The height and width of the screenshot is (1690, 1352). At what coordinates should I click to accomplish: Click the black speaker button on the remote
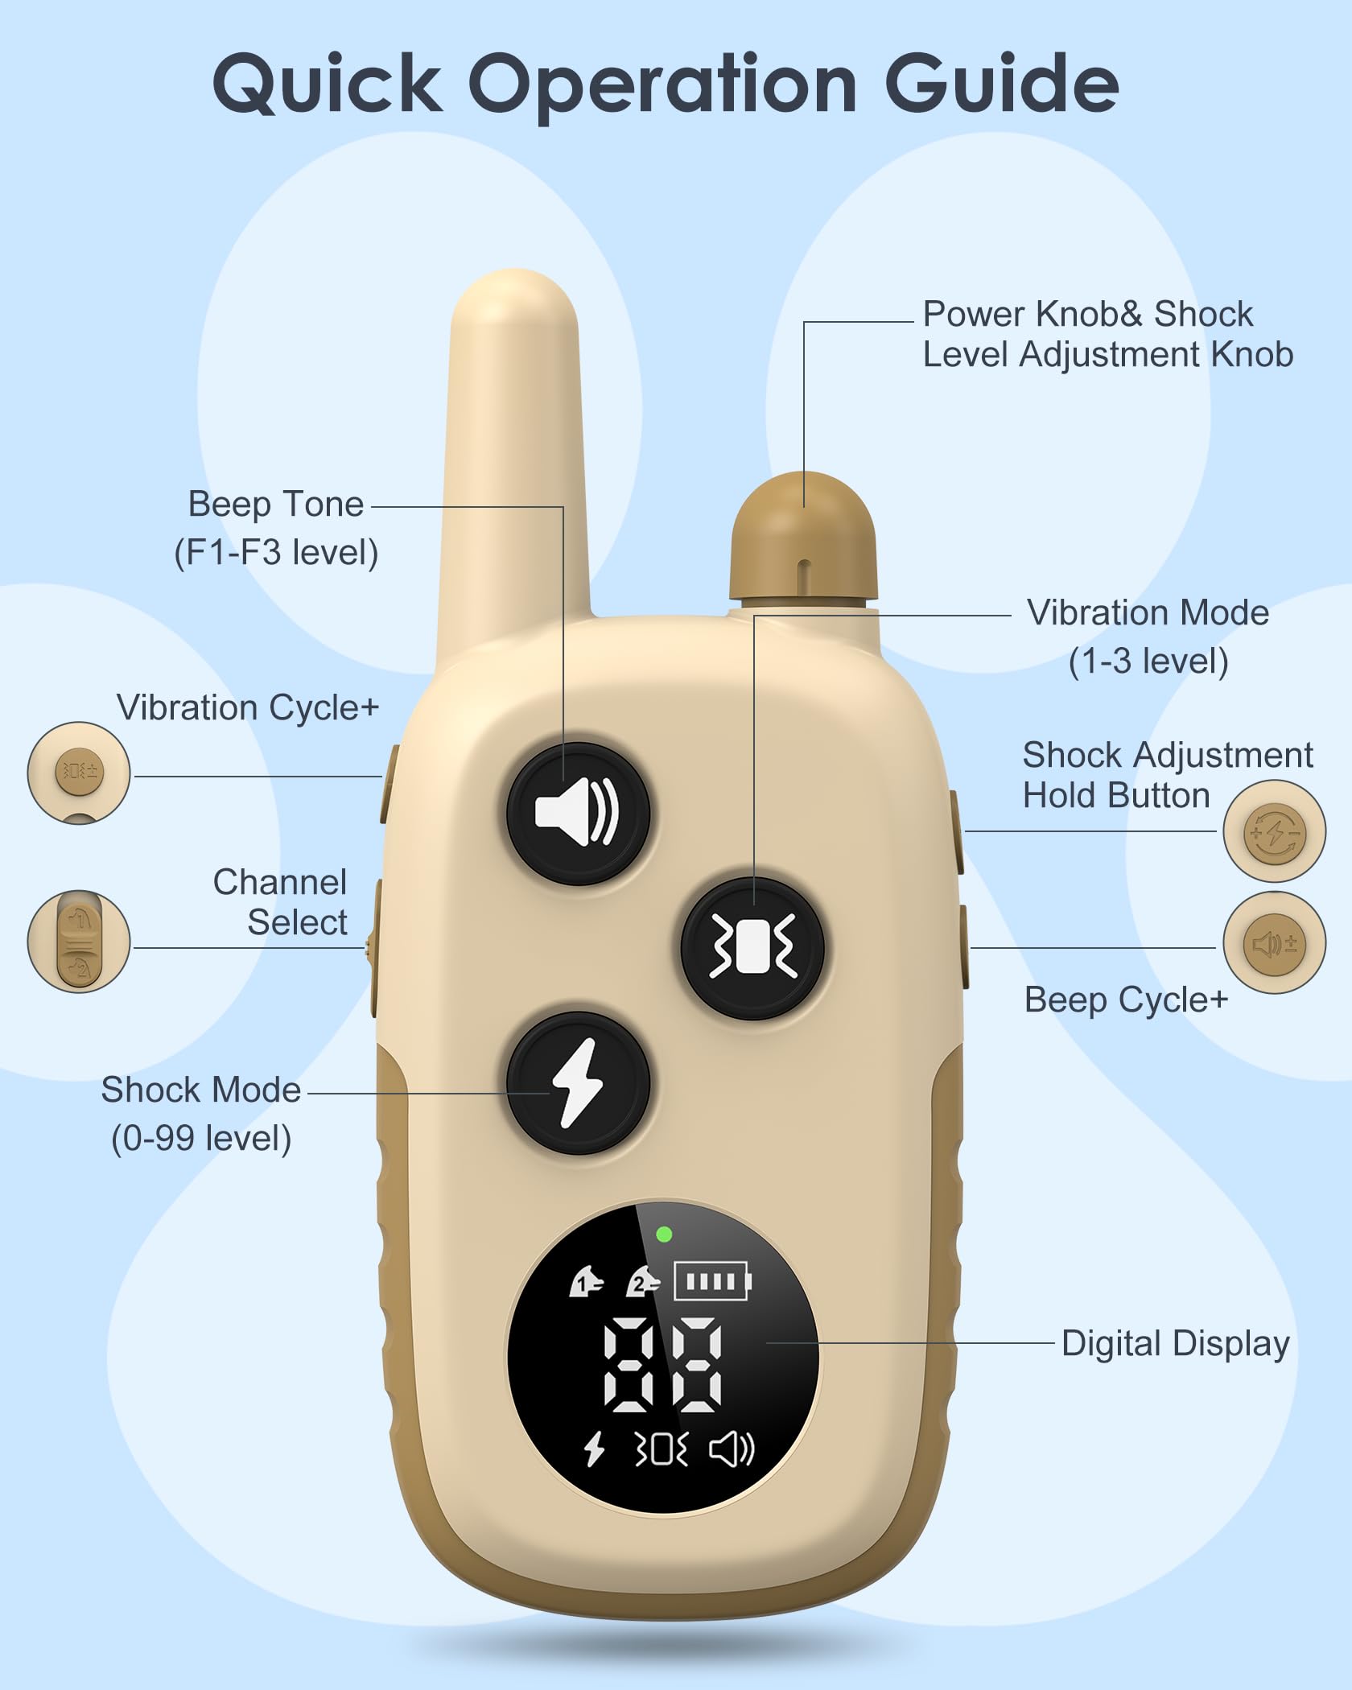click(578, 814)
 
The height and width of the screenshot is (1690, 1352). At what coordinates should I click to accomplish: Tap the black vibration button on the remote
click(752, 948)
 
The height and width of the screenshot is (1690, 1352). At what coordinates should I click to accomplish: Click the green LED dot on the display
click(664, 1235)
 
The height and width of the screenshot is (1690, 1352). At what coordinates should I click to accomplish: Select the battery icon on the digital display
click(712, 1280)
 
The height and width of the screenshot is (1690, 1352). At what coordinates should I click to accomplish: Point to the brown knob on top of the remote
click(802, 536)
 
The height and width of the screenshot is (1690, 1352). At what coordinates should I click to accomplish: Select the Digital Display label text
click(1175, 1343)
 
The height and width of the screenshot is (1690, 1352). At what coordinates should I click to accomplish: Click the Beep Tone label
click(276, 505)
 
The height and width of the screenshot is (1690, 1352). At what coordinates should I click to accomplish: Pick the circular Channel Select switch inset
click(79, 941)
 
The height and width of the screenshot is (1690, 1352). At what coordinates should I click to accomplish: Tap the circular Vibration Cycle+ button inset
click(79, 773)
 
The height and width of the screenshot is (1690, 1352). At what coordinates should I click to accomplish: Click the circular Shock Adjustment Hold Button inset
click(1274, 831)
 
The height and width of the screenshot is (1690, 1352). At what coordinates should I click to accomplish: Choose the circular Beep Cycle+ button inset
click(1274, 943)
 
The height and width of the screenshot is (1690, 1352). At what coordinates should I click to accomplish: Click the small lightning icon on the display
click(594, 1449)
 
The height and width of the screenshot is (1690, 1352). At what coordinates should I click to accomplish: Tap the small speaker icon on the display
click(732, 1449)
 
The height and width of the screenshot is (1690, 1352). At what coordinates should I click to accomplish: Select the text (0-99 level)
click(201, 1138)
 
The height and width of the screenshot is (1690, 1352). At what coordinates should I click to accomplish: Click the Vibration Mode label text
click(1148, 613)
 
